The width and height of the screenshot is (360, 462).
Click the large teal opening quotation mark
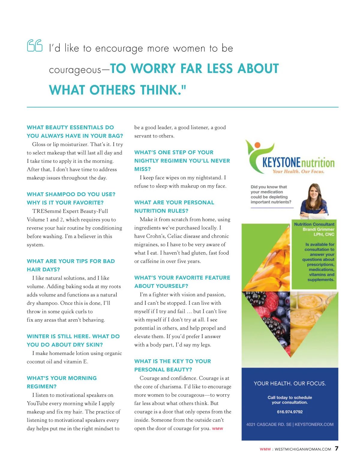[35, 46]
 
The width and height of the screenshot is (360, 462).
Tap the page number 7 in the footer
[337, 448]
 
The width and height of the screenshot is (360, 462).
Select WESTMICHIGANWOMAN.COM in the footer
[303, 449]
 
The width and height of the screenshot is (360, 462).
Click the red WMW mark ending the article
[217, 429]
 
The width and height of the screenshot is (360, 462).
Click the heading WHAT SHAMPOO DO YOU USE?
[71, 194]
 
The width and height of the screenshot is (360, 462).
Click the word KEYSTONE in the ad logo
[281, 163]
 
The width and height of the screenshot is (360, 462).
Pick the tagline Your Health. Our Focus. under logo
[298, 172]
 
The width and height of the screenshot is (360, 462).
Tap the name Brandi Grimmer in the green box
[318, 229]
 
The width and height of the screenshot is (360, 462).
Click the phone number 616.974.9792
[289, 412]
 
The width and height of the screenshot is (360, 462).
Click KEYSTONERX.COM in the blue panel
[314, 424]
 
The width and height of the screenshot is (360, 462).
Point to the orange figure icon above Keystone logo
[257, 145]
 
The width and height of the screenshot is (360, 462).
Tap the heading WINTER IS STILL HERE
[58, 336]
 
